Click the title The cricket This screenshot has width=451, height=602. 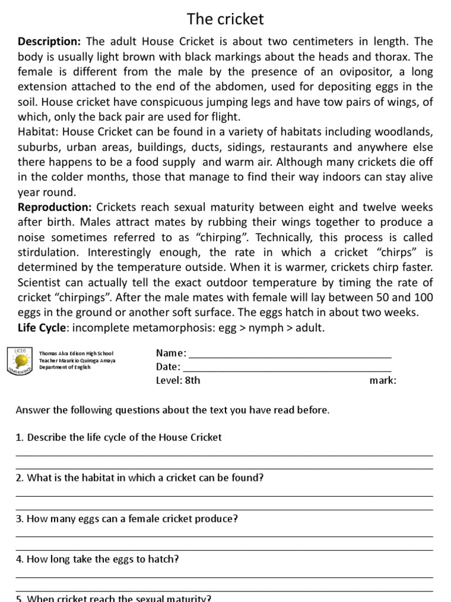[225, 19]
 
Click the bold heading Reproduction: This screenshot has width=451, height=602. [55, 207]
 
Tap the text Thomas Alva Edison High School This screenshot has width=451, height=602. [76, 354]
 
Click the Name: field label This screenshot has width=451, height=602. [171, 353]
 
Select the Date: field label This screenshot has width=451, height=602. [168, 367]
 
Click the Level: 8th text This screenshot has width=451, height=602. [178, 380]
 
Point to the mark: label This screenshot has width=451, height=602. [383, 380]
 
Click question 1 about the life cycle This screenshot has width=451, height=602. [119, 437]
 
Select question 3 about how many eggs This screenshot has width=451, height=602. [127, 519]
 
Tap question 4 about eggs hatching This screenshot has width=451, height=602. [97, 560]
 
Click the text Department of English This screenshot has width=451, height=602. [65, 368]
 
